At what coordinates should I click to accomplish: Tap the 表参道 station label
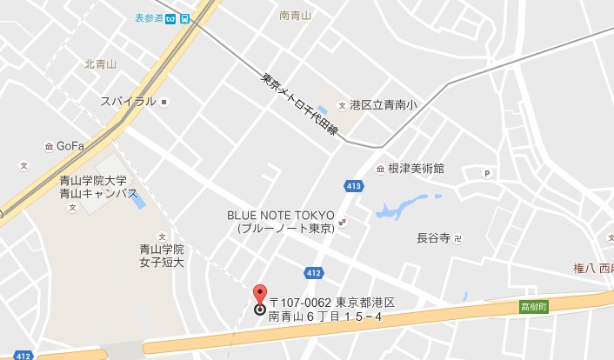[150, 17]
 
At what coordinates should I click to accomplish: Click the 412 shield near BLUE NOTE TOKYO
[313, 273]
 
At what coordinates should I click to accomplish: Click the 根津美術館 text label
[416, 169]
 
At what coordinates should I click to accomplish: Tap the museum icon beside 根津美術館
[380, 169]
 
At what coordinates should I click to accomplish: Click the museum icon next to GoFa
[49, 146]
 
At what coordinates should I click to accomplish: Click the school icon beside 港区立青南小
[342, 104]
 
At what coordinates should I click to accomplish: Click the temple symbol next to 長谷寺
[459, 237]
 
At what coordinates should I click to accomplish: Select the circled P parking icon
[487, 173]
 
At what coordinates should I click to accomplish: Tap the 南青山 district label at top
[296, 15]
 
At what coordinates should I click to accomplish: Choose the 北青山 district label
[99, 63]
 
